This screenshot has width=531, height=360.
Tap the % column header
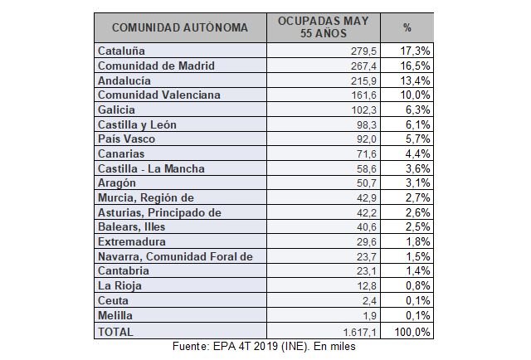tap(408, 27)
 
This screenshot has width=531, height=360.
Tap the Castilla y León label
tap(137, 124)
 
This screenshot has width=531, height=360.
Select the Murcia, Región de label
tap(145, 198)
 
